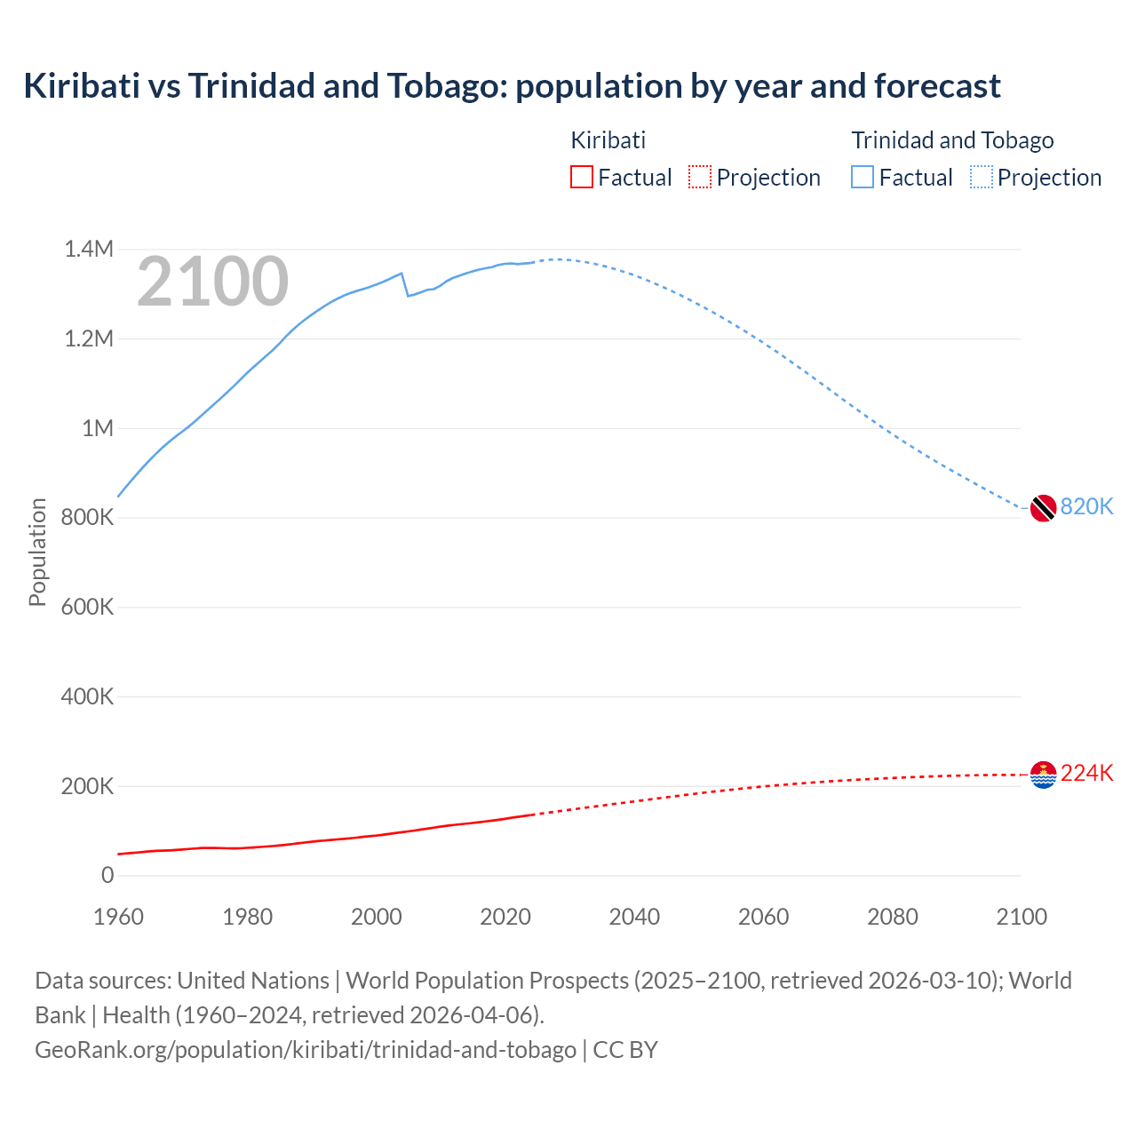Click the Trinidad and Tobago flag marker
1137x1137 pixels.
(1043, 508)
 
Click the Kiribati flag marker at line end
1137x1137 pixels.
(1043, 775)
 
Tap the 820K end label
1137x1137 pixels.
(1086, 506)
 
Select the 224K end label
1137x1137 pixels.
(1086, 773)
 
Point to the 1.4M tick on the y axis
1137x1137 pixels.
(89, 249)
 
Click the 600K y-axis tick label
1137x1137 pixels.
(87, 607)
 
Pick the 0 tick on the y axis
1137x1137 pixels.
(107, 875)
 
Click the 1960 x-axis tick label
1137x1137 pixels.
(118, 917)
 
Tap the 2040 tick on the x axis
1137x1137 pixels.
(634, 917)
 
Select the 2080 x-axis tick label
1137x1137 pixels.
(892, 917)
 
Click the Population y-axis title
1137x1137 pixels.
(37, 552)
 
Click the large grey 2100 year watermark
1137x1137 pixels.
(212, 282)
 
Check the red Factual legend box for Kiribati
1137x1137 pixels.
(581, 178)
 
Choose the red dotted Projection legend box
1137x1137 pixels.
(700, 178)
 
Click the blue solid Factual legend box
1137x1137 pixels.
(863, 178)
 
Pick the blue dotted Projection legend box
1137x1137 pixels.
(982, 178)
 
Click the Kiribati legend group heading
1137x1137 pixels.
(608, 140)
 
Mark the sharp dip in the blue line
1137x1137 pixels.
(407, 294)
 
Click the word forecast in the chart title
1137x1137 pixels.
(937, 86)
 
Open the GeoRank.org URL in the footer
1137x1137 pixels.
(306, 1049)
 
